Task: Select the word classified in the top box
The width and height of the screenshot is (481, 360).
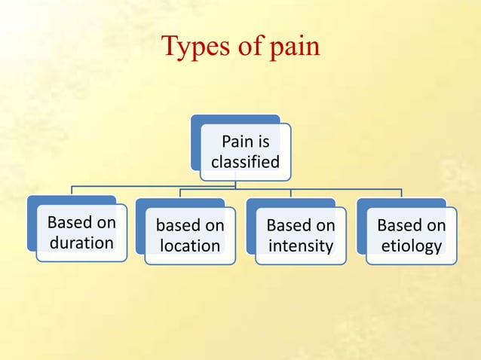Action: (x=245, y=162)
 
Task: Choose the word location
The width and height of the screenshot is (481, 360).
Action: (x=190, y=246)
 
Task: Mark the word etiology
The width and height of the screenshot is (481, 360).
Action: (x=411, y=246)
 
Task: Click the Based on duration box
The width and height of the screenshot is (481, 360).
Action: (x=81, y=233)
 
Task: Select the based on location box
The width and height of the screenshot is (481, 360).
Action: (x=190, y=235)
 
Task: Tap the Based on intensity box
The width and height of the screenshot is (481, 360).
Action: (x=300, y=235)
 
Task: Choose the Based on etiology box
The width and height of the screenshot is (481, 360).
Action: (x=411, y=235)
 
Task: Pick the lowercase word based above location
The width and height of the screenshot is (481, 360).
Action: (x=173, y=226)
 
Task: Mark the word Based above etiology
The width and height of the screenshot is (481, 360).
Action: (x=394, y=225)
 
